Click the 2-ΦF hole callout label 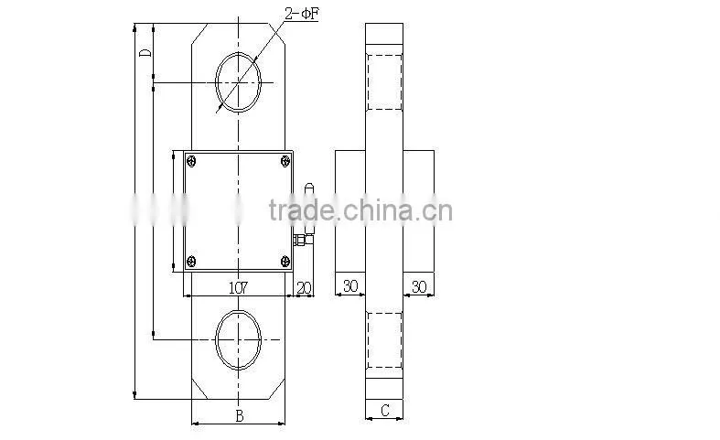pyautogui.click(x=301, y=14)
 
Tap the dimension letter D pyautogui.click(x=145, y=52)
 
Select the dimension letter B pyautogui.click(x=239, y=415)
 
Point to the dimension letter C pyautogui.click(x=385, y=410)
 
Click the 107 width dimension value pyautogui.click(x=238, y=288)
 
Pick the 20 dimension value pyautogui.click(x=304, y=288)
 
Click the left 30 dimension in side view pyautogui.click(x=350, y=286)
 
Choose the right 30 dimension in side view pyautogui.click(x=419, y=286)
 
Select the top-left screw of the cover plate pyautogui.click(x=191, y=161)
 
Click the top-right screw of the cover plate pyautogui.click(x=285, y=161)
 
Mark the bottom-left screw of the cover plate pyautogui.click(x=191, y=262)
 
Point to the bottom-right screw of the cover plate pyautogui.click(x=285, y=262)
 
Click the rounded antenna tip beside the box pyautogui.click(x=309, y=187)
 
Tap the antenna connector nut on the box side pyautogui.click(x=299, y=241)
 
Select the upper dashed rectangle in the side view pyautogui.click(x=384, y=82)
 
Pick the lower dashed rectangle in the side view pyautogui.click(x=384, y=340)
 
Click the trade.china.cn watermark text pyautogui.click(x=360, y=209)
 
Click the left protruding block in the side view pyautogui.click(x=350, y=211)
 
